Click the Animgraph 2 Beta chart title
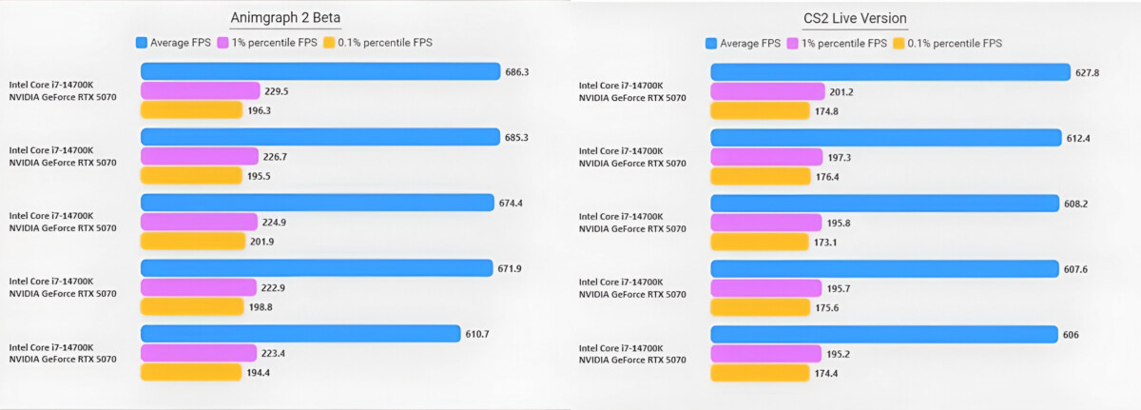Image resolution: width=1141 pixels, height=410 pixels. pos(285,19)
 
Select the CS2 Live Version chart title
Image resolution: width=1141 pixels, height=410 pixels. pos(855,19)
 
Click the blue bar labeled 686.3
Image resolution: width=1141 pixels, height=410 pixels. pos(320,71)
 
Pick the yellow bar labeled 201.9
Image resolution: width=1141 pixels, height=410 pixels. pos(193,241)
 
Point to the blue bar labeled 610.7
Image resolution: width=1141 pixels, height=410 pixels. pos(300,334)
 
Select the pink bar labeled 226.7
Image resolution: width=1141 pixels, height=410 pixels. pos(200,156)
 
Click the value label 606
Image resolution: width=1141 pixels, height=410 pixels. pos(1073,335)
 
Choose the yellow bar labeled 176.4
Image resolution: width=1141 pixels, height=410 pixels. pos(765,176)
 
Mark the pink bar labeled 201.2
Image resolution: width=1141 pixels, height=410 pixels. pos(767,91)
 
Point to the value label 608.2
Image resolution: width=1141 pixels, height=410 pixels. pos(1079,204)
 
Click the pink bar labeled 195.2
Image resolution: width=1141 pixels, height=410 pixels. pos(765,354)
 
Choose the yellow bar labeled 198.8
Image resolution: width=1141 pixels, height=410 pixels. pos(192,306)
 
